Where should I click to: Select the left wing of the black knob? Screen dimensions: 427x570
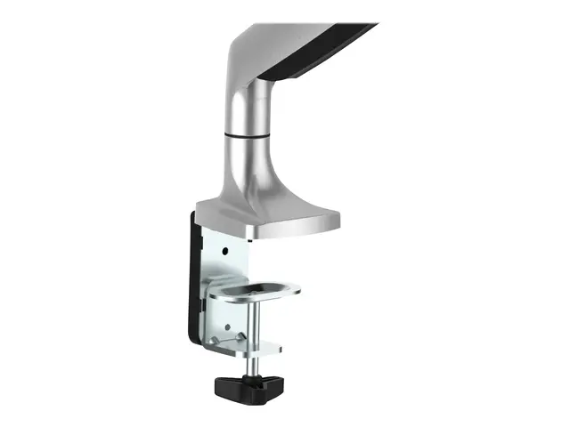click(x=222, y=387)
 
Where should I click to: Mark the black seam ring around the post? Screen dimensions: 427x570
click(x=248, y=134)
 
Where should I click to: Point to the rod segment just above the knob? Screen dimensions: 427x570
click(x=246, y=365)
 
